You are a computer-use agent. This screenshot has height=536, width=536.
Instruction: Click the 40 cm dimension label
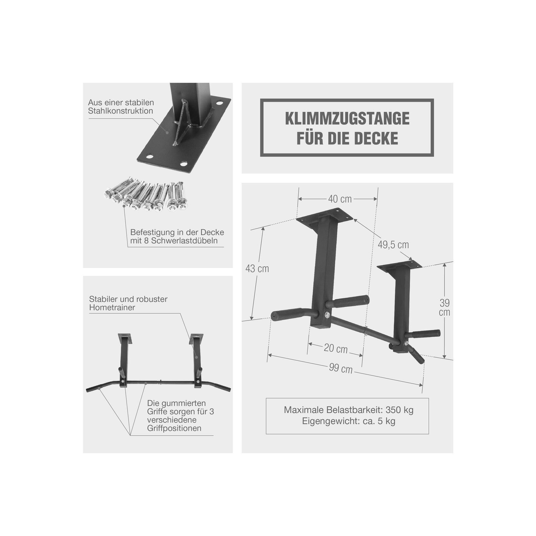coord(340,199)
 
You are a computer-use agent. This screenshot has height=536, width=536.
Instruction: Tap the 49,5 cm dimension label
coord(393,244)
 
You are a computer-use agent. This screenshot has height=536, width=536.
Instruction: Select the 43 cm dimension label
coord(257,269)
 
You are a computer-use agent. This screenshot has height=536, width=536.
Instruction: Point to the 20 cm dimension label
coord(336,348)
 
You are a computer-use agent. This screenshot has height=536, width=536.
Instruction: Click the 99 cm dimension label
coord(341,368)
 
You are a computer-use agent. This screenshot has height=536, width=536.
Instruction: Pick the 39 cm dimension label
coord(444,307)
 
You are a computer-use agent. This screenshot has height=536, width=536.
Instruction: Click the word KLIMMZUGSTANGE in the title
coord(347,118)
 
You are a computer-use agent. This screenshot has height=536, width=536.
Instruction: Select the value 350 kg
coord(400,410)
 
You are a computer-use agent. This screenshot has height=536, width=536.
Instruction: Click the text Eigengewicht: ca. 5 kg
coord(348,421)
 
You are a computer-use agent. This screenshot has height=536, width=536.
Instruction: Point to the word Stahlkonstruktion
coord(121,111)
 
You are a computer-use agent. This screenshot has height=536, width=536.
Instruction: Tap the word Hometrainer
coord(112,307)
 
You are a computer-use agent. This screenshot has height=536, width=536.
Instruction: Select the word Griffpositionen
coord(174,428)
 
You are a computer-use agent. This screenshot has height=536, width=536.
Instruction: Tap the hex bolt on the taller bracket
coord(327,315)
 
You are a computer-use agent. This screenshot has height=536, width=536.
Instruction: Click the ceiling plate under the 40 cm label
coord(325,215)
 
